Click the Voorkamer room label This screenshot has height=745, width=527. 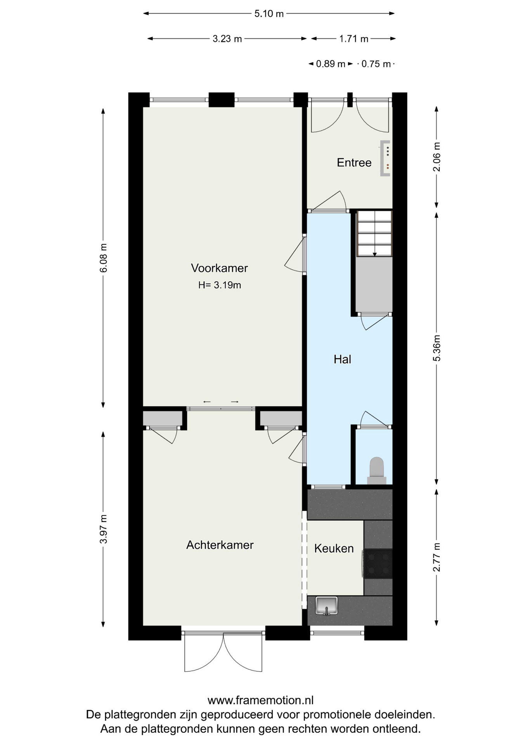[x=219, y=268]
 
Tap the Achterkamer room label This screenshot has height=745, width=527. [x=220, y=545]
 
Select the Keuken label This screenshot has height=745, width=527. [x=334, y=549]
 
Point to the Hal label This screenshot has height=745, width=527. [x=342, y=359]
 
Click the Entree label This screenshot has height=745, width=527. [x=354, y=163]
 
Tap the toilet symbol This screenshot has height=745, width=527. [x=376, y=471]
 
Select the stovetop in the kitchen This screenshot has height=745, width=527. [x=378, y=564]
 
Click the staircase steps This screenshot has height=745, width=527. [x=374, y=233]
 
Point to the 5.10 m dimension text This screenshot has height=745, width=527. [x=269, y=14]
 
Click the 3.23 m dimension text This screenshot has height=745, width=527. [x=227, y=39]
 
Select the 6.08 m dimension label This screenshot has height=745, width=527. [x=103, y=258]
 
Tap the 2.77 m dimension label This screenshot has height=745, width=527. [x=437, y=557]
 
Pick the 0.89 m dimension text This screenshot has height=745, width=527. [x=330, y=64]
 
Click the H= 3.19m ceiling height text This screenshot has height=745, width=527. [x=220, y=285]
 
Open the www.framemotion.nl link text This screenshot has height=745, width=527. [x=260, y=700]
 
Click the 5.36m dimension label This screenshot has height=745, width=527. [x=437, y=348]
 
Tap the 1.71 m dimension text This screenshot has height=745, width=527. [x=354, y=39]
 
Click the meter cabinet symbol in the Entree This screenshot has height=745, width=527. [x=385, y=158]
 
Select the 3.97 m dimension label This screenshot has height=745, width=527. [x=103, y=529]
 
